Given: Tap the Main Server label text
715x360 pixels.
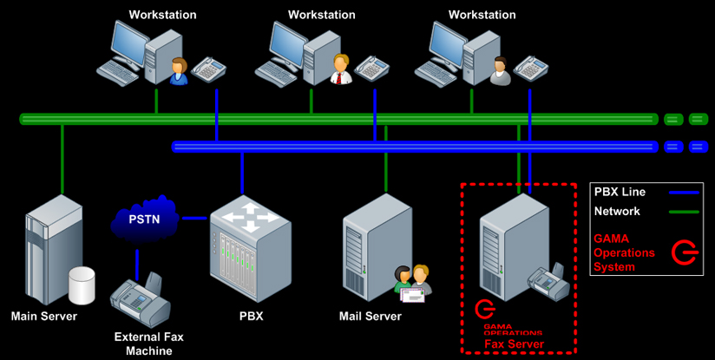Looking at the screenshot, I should [x=43, y=317].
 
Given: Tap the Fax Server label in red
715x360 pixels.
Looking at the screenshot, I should [x=515, y=344].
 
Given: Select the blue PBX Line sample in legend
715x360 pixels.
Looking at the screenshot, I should [x=678, y=193].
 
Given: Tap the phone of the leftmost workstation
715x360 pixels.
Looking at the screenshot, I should [x=209, y=69].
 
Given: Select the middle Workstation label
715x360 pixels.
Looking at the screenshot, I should [x=322, y=15].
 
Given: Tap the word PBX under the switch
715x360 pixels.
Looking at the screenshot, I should [x=250, y=317].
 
